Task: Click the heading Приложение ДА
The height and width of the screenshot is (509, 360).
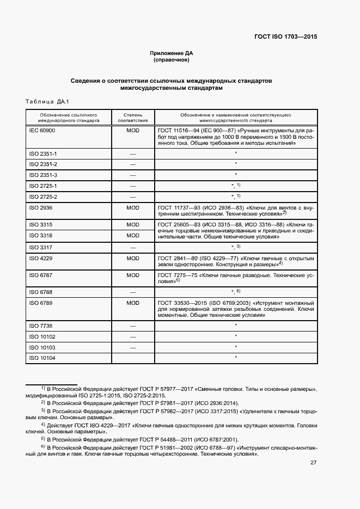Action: point(172,53)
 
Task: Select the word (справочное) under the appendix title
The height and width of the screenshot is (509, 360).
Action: point(172,60)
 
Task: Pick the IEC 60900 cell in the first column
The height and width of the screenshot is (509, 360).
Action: point(42,131)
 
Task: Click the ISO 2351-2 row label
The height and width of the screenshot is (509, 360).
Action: point(43,164)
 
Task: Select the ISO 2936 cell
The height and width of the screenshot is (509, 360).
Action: point(40,207)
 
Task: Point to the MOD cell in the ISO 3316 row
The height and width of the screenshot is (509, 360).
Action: point(133,235)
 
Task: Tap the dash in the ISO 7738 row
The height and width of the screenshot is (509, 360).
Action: point(133,326)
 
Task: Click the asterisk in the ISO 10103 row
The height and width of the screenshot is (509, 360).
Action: point(235,346)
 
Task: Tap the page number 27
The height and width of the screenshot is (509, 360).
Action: point(313,463)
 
